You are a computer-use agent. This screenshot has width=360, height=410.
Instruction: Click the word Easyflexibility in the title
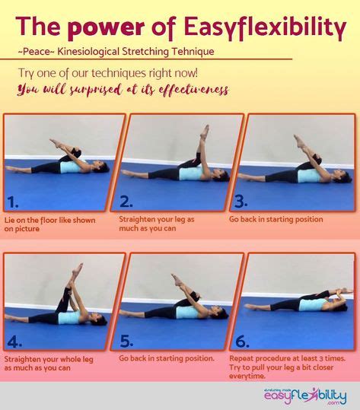265,28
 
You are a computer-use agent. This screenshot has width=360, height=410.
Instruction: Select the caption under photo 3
276,220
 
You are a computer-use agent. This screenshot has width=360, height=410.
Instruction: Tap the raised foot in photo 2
205,130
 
